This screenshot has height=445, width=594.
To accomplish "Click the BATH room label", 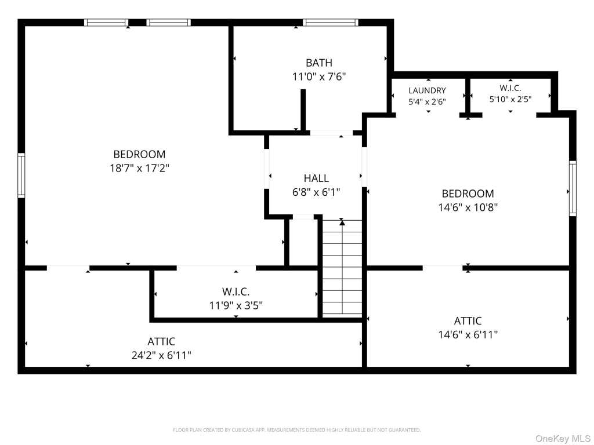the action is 319,63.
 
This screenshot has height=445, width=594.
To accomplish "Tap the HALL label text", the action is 316,178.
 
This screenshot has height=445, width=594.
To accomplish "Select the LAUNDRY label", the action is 427,90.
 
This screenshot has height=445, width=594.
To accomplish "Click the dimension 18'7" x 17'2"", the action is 139,167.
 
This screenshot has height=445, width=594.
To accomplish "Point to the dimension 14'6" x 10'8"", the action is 468,207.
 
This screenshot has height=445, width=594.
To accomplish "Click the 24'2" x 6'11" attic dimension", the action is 161,355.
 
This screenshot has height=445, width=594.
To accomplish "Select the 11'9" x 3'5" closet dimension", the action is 236,305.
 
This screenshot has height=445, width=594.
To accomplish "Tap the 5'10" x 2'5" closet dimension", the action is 510,99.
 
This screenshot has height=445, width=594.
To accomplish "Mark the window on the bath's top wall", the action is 330,23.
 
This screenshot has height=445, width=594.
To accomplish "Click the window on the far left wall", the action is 21,175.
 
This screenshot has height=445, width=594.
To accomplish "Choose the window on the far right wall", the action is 573,188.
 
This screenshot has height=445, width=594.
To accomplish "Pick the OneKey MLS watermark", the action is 562,438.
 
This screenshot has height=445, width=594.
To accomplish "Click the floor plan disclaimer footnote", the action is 296,430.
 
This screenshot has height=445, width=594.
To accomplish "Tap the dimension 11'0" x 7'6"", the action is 319,76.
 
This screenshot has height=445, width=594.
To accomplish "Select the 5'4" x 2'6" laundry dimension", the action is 427,101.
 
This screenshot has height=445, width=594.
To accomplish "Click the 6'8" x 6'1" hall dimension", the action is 316,192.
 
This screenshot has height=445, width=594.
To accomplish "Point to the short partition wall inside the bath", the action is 303,110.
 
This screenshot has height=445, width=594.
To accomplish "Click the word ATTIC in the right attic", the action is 468,321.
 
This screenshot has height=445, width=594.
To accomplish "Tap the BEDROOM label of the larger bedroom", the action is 139,154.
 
